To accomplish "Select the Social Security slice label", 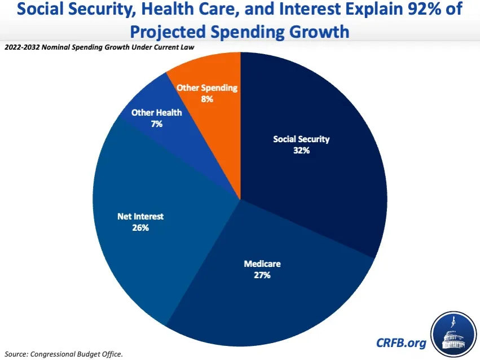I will pyautogui.click(x=301, y=139).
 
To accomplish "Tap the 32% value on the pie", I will pyautogui.click(x=301, y=151).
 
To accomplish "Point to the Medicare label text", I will pyautogui.click(x=262, y=264).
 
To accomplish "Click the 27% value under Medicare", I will pyautogui.click(x=262, y=275).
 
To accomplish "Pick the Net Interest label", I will pyautogui.click(x=140, y=216).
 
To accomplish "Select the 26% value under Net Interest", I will pyautogui.click(x=140, y=228).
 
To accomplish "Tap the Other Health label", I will pyautogui.click(x=156, y=112).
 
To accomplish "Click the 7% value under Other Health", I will pyautogui.click(x=156, y=124).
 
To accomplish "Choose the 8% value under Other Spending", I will pyautogui.click(x=207, y=99).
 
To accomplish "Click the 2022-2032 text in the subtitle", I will pyautogui.click(x=22, y=47).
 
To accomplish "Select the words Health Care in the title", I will pyautogui.click(x=201, y=11).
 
